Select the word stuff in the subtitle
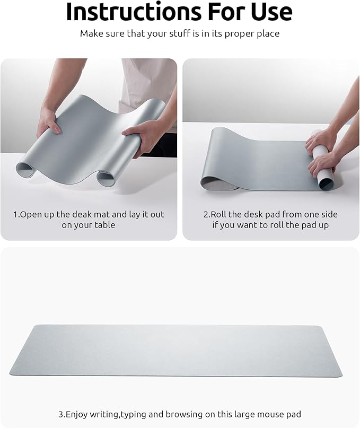click(x=190, y=33)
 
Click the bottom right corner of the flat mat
click(x=339, y=374)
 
